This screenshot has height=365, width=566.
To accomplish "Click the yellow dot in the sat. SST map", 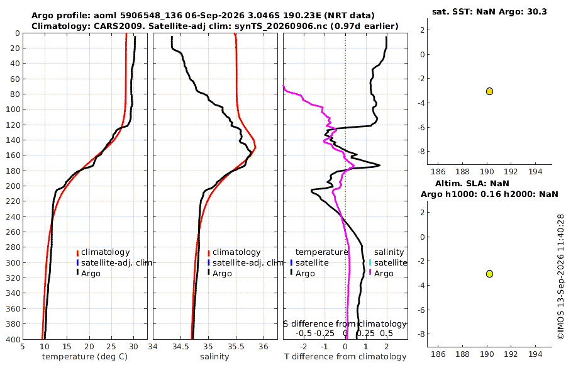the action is tap(489, 91).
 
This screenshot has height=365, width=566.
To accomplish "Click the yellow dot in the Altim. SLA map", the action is tap(489, 274).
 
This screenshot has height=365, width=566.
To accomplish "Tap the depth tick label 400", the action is tap(13, 340).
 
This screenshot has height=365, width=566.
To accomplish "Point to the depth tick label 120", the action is tap(13, 125).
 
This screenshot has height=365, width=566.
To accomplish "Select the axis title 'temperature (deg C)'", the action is tap(85, 357).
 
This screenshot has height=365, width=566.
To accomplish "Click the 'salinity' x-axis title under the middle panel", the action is tap(214, 357).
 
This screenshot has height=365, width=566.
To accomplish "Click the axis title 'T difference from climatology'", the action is tap(345, 357).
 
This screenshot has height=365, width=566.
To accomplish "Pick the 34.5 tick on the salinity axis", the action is tap(180, 347).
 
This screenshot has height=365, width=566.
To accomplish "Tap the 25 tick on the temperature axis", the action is tap(111, 347).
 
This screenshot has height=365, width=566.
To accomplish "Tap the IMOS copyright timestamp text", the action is tap(560, 277).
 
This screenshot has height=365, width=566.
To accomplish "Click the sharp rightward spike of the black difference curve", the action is tap(379, 166).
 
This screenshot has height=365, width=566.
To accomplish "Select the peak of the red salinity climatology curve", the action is tap(255, 147).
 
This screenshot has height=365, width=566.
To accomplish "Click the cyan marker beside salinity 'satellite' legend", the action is tap(370, 262).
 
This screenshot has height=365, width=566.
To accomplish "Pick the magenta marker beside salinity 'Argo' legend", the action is tap(370, 273).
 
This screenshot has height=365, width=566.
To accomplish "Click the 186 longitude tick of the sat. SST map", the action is tap(438, 171).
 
